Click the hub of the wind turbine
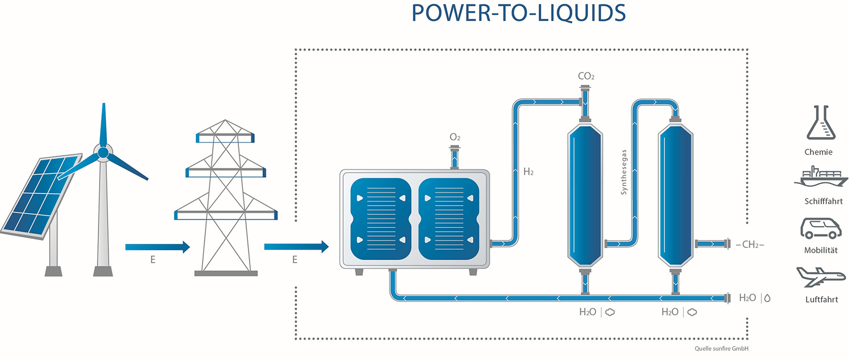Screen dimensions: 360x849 pyautogui.click(x=102, y=153)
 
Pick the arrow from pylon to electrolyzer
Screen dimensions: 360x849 pyautogui.click(x=296, y=246)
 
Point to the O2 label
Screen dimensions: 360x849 pyautogui.click(x=455, y=137)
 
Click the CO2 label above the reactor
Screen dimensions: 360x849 pyautogui.click(x=586, y=76)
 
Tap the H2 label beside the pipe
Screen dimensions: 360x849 pyautogui.click(x=528, y=172)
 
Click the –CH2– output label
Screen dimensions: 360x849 pyautogui.click(x=752, y=245)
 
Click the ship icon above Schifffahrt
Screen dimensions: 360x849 pyautogui.click(x=822, y=177)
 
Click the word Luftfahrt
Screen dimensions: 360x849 pyautogui.click(x=821, y=299)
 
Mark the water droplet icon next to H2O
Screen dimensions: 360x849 pyautogui.click(x=767, y=298)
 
